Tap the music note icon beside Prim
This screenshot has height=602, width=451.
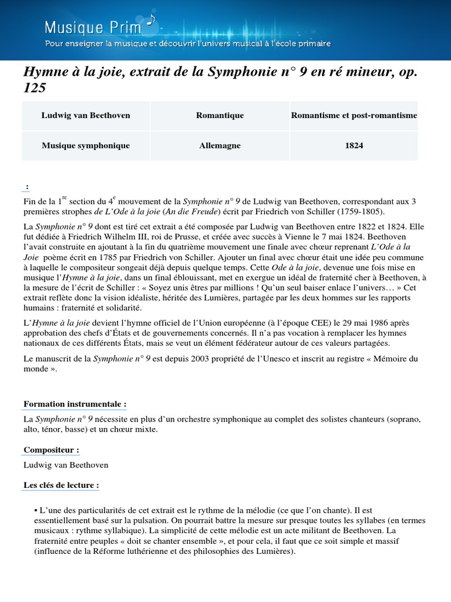(150, 21)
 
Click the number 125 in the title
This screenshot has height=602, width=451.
(34, 88)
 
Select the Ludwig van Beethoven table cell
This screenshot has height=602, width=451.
(86, 115)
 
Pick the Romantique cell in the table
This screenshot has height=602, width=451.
(220, 115)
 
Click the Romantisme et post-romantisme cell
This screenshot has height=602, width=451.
(354, 115)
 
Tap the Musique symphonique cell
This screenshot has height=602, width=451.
(86, 145)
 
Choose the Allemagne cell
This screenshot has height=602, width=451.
(220, 145)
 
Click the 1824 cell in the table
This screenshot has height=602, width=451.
(354, 145)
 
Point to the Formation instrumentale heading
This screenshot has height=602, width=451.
(75, 404)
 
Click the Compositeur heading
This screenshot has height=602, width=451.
(51, 450)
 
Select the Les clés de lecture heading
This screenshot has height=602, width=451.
(61, 486)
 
